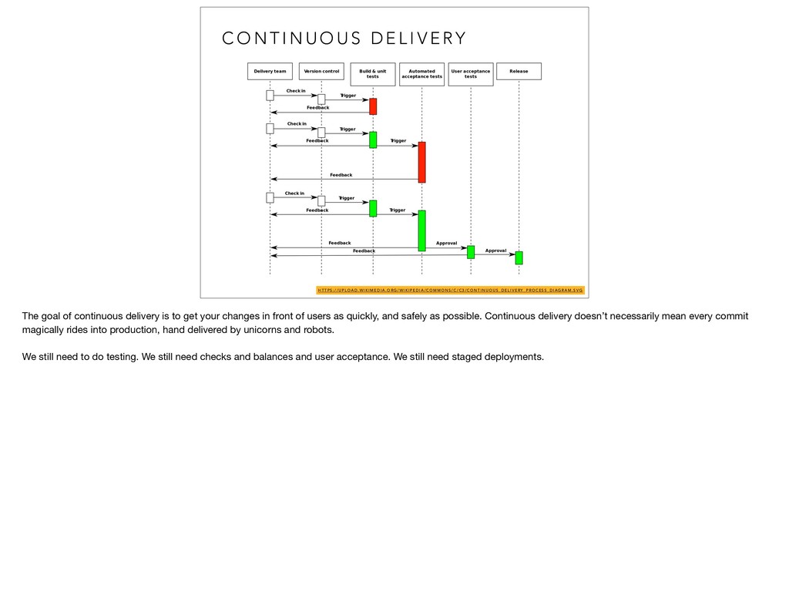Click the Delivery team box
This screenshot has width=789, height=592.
click(270, 72)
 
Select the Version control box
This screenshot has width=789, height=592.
click(321, 72)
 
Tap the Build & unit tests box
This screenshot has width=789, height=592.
click(373, 74)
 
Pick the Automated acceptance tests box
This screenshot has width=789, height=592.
click(421, 74)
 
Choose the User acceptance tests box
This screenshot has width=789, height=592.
click(470, 74)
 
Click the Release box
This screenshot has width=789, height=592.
click(519, 72)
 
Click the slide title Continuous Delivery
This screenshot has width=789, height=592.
click(344, 39)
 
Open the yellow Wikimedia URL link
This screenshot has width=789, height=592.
click(450, 291)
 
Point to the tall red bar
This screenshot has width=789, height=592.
click(421, 162)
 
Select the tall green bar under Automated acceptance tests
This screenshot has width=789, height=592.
click(421, 230)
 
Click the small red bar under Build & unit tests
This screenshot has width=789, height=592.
click(373, 106)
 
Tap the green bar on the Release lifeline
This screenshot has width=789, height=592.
click(519, 257)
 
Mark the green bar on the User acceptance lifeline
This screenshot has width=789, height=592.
click(471, 252)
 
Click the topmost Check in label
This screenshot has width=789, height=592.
click(296, 91)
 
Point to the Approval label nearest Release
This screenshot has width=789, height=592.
click(495, 251)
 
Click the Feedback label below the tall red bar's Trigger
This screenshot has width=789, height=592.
click(341, 175)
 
